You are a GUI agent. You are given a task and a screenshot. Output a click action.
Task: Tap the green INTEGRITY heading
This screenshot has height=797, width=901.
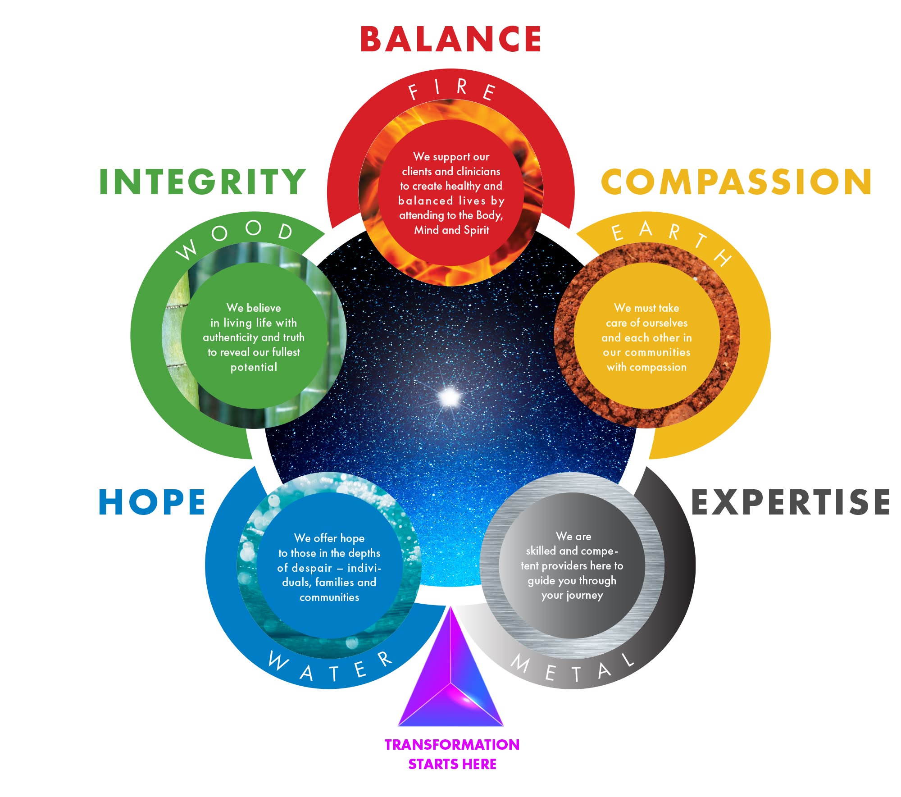point(202,182)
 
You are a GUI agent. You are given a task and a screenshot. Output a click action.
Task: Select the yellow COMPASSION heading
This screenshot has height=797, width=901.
point(736,182)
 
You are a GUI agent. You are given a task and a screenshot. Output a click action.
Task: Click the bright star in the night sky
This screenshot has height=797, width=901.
point(449,397)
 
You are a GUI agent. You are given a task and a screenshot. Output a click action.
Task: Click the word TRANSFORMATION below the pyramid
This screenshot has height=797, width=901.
point(452,745)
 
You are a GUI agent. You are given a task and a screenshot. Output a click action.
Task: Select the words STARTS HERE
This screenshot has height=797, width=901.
point(452,764)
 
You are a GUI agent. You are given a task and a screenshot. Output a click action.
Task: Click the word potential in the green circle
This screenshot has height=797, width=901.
point(254,367)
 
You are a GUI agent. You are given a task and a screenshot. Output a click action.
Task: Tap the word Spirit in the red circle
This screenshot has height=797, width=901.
point(476,230)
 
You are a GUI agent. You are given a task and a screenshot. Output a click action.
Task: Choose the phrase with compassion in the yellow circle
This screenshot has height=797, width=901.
point(646,367)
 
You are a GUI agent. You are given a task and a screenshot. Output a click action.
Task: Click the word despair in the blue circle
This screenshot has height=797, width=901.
point(311,568)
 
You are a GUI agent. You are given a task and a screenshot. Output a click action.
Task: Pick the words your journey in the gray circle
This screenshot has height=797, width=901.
point(572,596)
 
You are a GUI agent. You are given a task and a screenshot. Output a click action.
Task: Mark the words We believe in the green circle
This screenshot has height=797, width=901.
point(254,308)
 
